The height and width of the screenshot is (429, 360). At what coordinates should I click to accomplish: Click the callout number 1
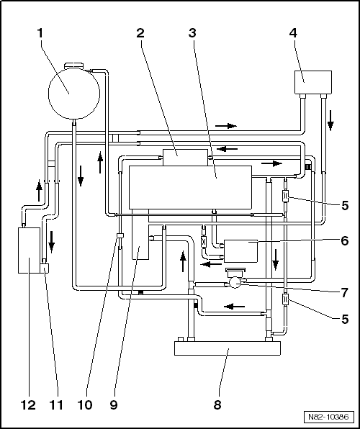[40, 33]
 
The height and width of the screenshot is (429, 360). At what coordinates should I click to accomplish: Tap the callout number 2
[140, 33]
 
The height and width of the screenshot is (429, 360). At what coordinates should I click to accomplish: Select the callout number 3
[192, 33]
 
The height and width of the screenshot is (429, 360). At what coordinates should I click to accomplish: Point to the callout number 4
[293, 33]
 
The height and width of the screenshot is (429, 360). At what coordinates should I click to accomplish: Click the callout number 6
[345, 241]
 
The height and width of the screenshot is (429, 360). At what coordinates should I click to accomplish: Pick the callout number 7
[344, 293]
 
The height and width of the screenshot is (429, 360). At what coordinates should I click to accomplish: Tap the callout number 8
[217, 405]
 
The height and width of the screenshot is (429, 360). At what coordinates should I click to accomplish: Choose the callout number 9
[114, 405]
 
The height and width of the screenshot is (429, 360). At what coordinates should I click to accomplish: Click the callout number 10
[85, 405]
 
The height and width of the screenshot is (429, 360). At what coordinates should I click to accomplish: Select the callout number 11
[56, 405]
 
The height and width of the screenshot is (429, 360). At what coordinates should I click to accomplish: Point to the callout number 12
[28, 405]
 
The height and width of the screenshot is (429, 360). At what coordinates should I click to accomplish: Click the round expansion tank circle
[74, 94]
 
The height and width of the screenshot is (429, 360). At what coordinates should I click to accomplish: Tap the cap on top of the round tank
[73, 66]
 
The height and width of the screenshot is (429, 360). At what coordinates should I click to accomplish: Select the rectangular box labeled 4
[313, 82]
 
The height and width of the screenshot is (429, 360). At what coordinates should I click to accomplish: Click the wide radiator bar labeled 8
[228, 348]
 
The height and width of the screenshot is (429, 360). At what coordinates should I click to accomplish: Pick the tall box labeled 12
[29, 250]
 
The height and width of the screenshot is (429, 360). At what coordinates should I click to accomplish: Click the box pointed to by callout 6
[241, 251]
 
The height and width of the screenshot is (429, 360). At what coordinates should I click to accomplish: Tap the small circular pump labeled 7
[235, 282]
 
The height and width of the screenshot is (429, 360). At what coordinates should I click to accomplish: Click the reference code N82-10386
[328, 417]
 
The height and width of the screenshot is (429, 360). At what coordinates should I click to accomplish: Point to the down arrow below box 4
[330, 120]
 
